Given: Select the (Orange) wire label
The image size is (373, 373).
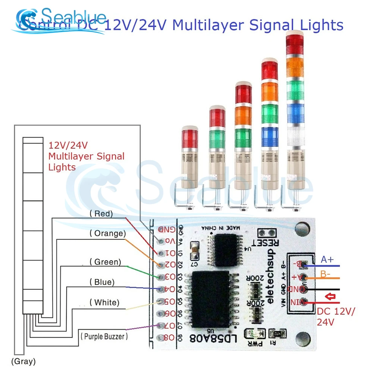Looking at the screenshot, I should (107, 233).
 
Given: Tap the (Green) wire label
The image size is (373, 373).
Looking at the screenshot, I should (105, 262).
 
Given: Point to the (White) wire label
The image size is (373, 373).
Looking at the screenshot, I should (104, 302).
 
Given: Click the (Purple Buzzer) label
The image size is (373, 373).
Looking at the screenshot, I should (104, 336).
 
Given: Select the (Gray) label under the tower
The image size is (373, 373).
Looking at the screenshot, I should (23, 361).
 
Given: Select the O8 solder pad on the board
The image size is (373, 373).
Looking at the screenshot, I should (161, 338).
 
